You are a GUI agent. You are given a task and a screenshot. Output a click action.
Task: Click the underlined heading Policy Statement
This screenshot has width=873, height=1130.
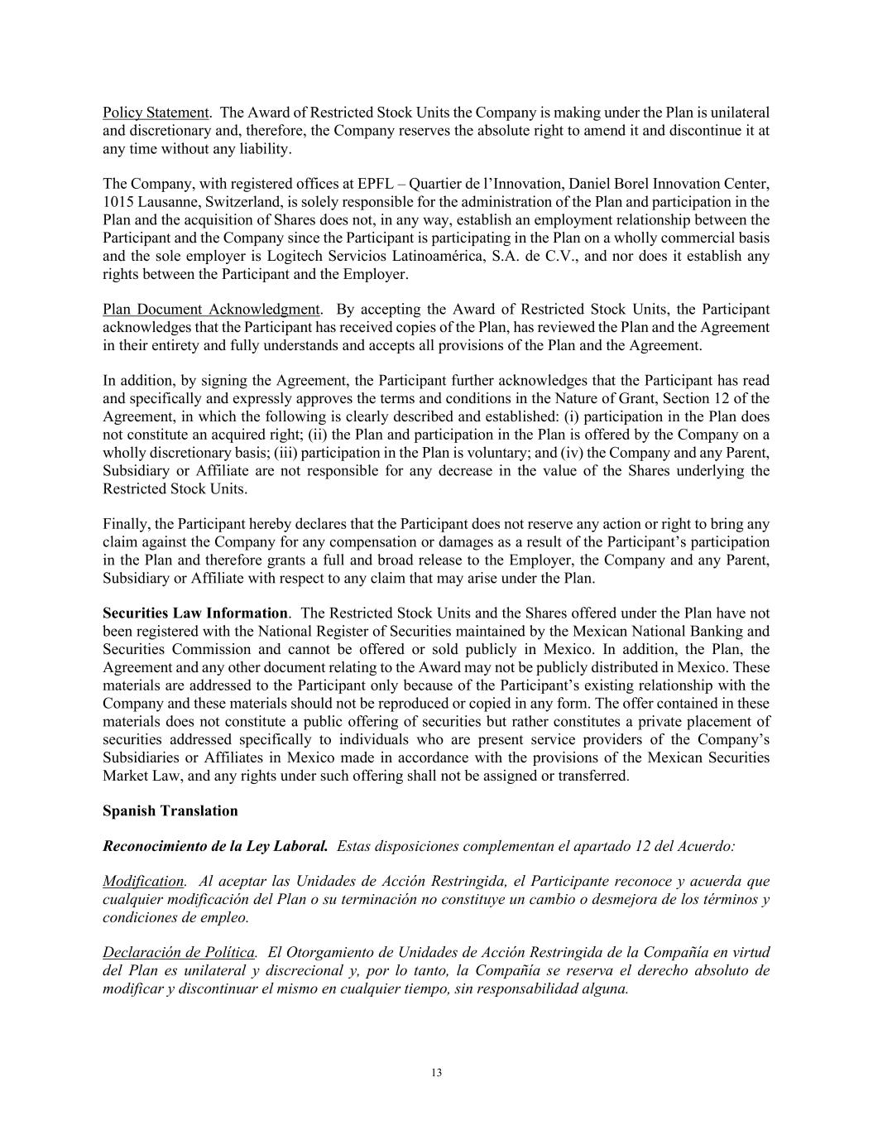156,113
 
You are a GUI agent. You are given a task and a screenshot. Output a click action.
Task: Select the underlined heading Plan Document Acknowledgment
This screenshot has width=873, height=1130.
211,310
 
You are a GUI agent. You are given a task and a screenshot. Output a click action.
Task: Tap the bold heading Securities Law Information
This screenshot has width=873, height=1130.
195,613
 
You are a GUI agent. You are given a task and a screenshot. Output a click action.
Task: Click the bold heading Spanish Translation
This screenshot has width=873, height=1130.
170,810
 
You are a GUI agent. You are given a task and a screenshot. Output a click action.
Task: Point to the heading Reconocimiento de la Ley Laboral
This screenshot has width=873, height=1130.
215,847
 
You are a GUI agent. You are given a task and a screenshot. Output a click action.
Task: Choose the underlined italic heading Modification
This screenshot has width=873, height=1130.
143,882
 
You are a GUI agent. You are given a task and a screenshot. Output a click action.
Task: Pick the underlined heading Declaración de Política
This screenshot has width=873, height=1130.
179,953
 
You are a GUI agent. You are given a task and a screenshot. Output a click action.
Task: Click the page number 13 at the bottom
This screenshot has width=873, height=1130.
436,1073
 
